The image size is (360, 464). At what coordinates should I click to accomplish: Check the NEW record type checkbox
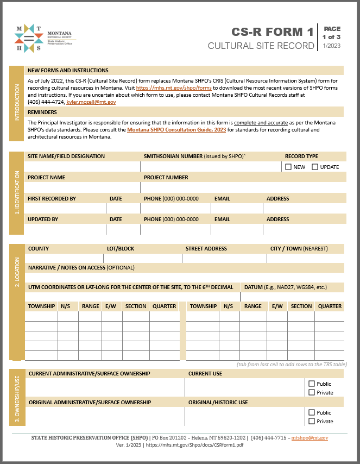(x=288, y=167)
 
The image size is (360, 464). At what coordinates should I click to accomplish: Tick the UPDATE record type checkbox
(x=315, y=167)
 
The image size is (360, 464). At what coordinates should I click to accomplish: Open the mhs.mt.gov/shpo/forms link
(x=174, y=87)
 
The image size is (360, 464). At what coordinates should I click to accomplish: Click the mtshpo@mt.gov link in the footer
(x=310, y=437)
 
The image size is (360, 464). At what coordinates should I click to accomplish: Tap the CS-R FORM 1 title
(x=273, y=32)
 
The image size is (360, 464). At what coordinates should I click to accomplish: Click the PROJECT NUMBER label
(x=166, y=177)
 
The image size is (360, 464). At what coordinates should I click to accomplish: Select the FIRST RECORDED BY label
(x=52, y=198)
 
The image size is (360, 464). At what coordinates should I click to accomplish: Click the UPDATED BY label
(x=43, y=219)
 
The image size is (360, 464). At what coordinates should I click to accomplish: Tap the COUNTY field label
(x=39, y=248)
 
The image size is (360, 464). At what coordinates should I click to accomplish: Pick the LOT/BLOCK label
(x=120, y=248)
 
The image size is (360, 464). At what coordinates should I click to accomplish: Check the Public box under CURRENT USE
(x=312, y=384)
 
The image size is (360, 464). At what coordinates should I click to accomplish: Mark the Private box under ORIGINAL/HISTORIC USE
(x=312, y=421)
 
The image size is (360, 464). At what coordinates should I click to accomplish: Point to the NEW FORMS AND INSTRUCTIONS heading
(x=68, y=71)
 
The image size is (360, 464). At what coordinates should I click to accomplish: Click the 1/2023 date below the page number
(x=331, y=46)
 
